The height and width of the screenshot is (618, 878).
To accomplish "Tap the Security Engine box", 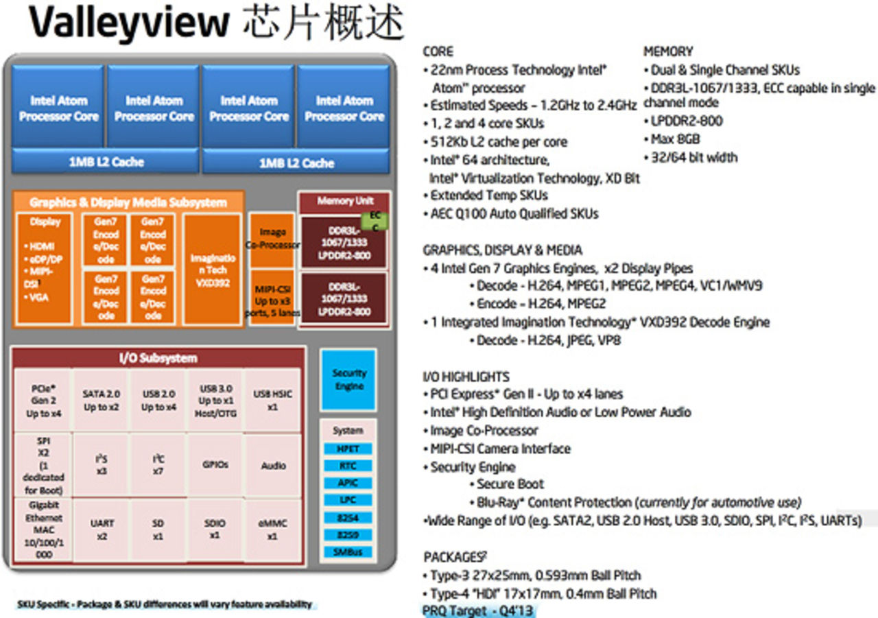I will (348, 379).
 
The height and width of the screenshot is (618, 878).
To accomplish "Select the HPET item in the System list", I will (348, 449).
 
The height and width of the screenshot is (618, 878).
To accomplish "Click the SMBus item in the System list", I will (348, 552).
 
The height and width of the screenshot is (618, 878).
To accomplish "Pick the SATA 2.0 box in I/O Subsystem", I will (101, 401).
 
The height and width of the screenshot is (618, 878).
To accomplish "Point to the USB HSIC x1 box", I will (273, 401).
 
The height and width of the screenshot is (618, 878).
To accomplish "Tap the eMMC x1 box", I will (273, 530).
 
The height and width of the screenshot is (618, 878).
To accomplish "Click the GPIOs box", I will (215, 465).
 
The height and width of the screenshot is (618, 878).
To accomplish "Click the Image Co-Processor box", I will (272, 239).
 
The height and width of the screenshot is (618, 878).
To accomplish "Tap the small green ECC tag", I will (375, 220).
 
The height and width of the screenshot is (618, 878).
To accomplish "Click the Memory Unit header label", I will (345, 202).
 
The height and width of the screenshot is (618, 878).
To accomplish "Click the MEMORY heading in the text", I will (667, 51).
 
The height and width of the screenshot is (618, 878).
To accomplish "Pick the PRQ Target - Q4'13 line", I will (478, 610).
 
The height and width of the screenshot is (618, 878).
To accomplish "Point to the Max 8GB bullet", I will (673, 139).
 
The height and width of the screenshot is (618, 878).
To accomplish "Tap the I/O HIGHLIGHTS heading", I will (466, 377).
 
